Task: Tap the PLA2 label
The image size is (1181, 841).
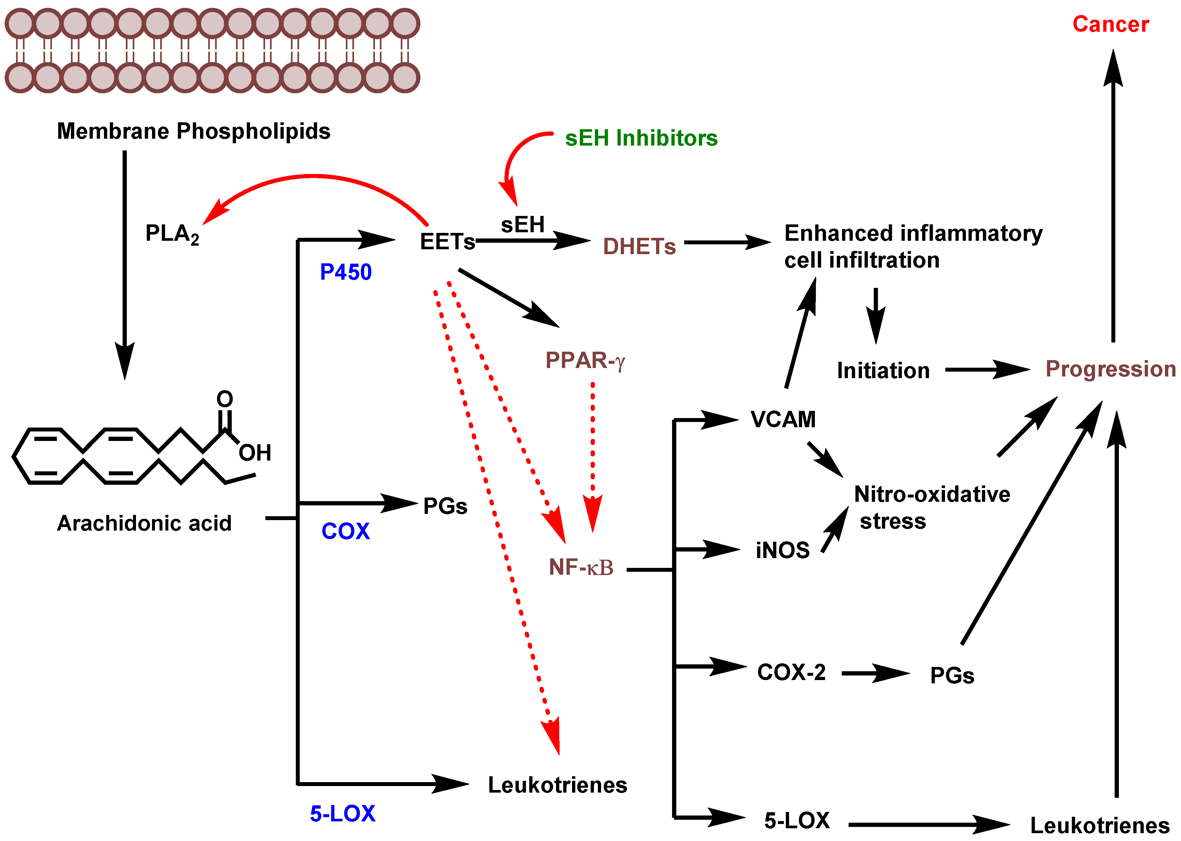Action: click(x=172, y=234)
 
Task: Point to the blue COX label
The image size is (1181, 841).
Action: click(x=346, y=531)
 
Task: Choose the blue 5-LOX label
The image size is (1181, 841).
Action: click(x=342, y=814)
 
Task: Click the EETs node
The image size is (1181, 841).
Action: click(x=447, y=242)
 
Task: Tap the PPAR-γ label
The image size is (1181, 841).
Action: click(x=585, y=360)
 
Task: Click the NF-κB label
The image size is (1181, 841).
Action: click(x=581, y=568)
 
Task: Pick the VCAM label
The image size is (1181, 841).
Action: click(x=783, y=419)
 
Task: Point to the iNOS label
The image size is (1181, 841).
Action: click(x=783, y=550)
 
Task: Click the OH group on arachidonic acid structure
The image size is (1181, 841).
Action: click(x=255, y=453)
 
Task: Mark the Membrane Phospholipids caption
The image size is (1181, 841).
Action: click(x=194, y=131)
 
